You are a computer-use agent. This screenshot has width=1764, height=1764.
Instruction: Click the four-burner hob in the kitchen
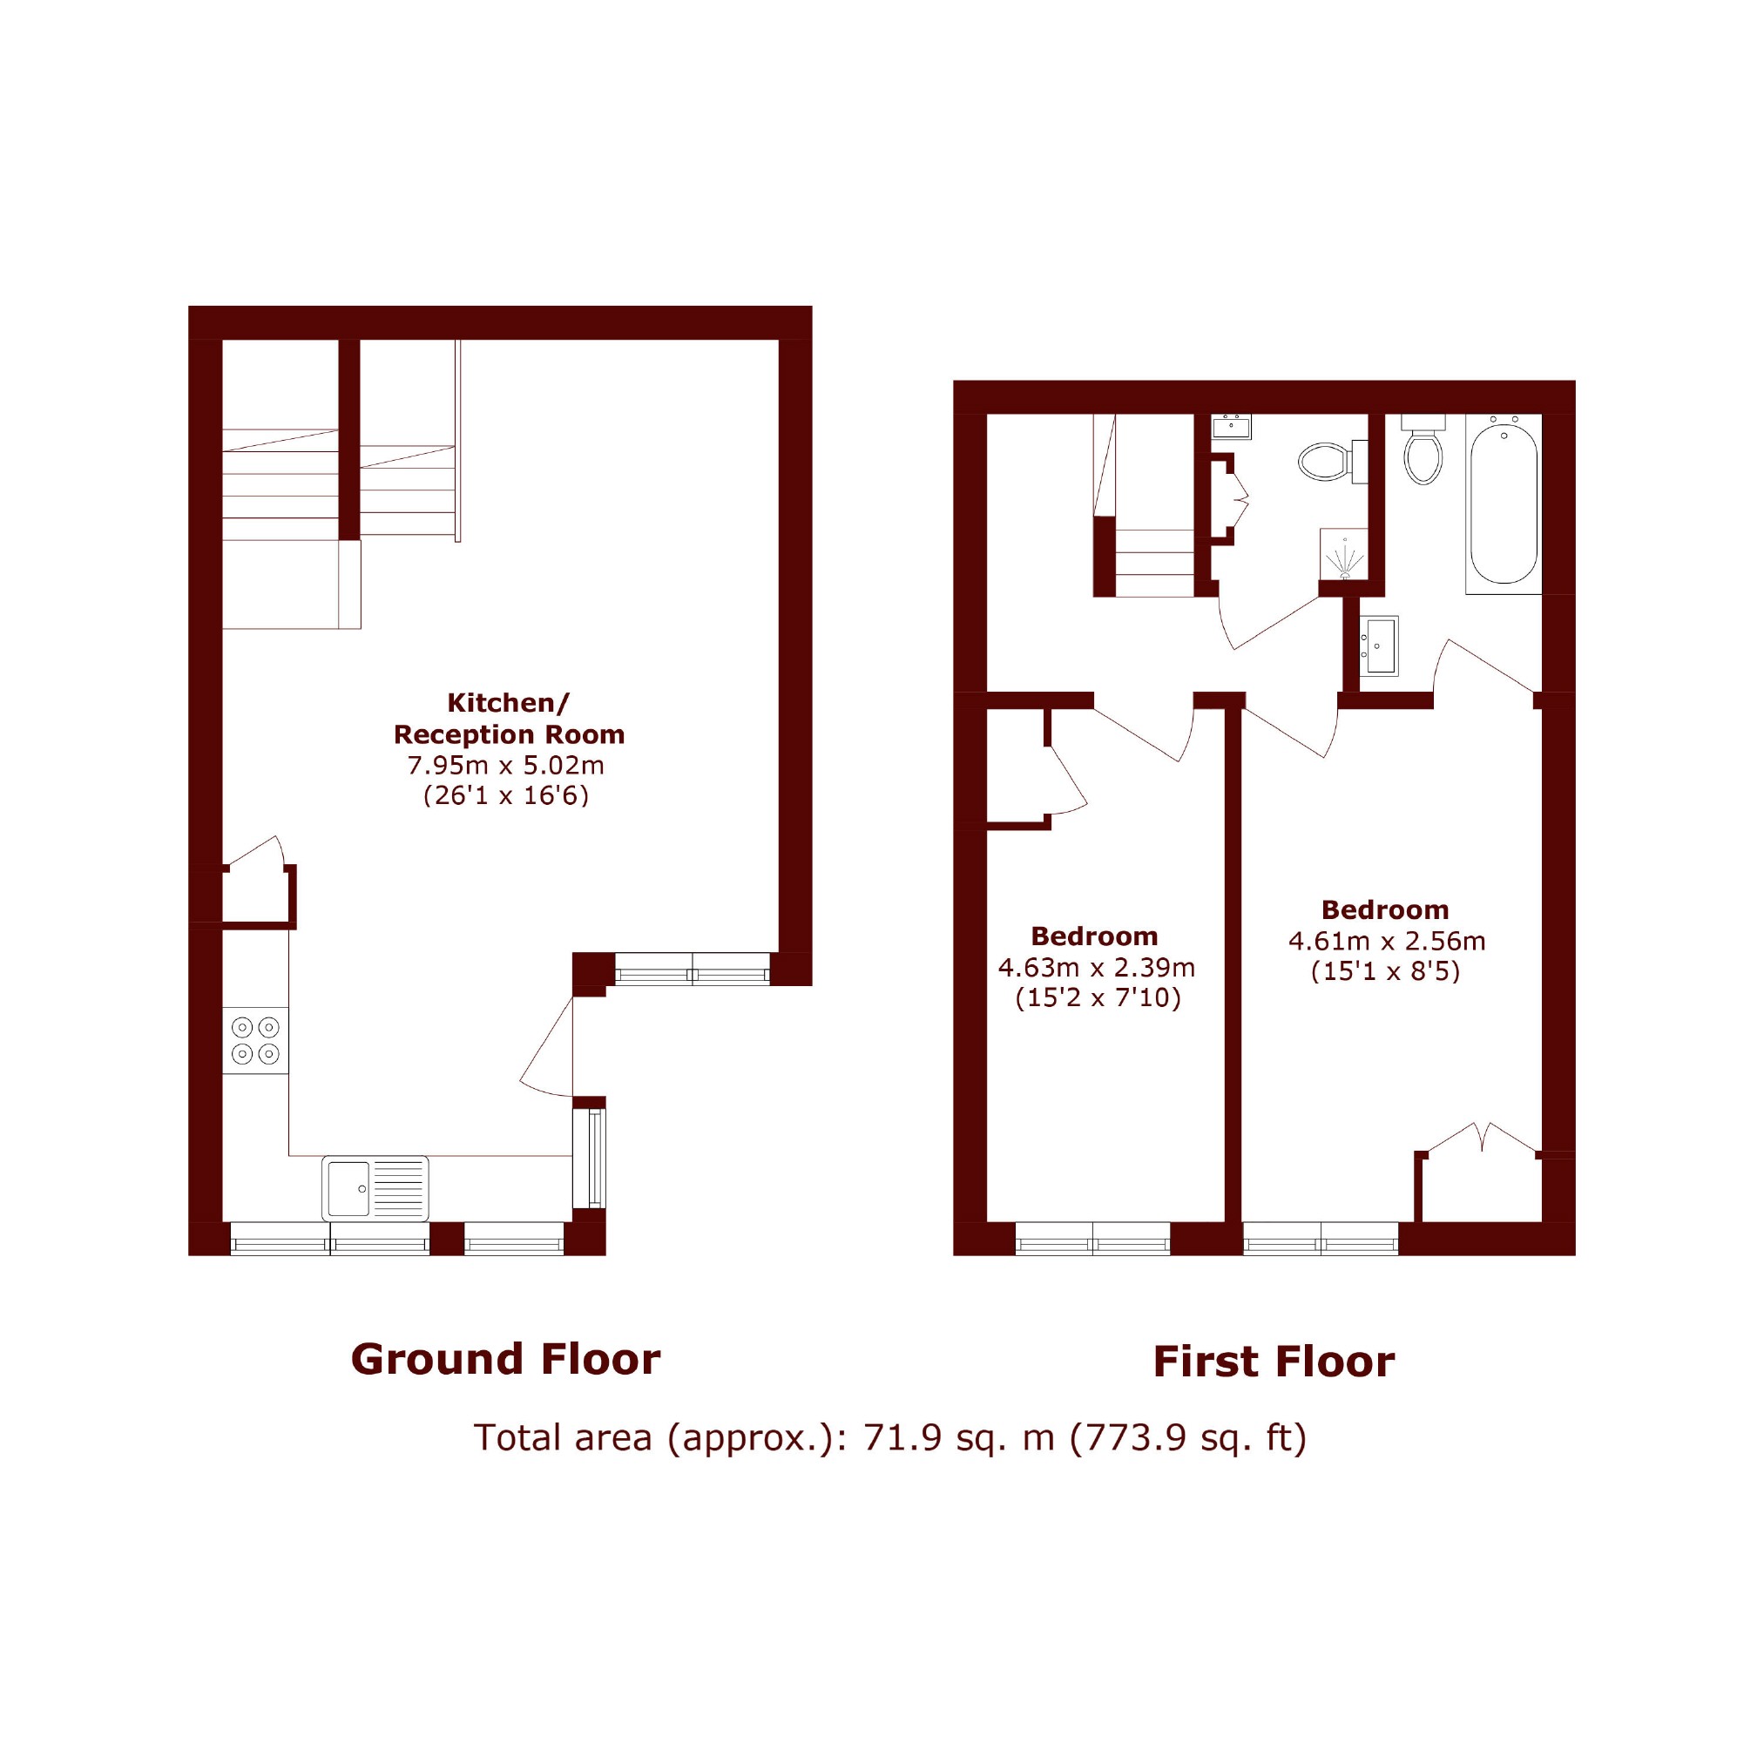255,1040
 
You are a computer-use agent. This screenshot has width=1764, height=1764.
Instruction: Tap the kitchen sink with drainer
375,1188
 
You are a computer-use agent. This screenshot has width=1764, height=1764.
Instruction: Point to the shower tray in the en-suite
1344,553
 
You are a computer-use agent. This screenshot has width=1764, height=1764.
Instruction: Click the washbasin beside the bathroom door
1379,645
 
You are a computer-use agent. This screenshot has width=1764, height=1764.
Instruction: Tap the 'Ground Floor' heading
505,1360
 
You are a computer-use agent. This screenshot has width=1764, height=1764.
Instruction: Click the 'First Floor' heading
1274,1362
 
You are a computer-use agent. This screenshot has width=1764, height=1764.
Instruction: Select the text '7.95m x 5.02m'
506,765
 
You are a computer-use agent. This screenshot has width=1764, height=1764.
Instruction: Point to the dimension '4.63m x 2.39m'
1097,967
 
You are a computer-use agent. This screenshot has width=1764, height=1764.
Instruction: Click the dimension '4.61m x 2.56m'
1387,941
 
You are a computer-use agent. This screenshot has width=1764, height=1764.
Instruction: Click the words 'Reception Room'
509,734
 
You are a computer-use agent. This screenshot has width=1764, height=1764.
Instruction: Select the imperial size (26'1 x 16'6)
506,795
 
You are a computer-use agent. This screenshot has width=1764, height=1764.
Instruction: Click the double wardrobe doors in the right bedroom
1480,1138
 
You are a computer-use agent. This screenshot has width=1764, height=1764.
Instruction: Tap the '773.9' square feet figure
1128,1438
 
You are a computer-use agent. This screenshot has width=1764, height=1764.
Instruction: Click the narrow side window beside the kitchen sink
589,1158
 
